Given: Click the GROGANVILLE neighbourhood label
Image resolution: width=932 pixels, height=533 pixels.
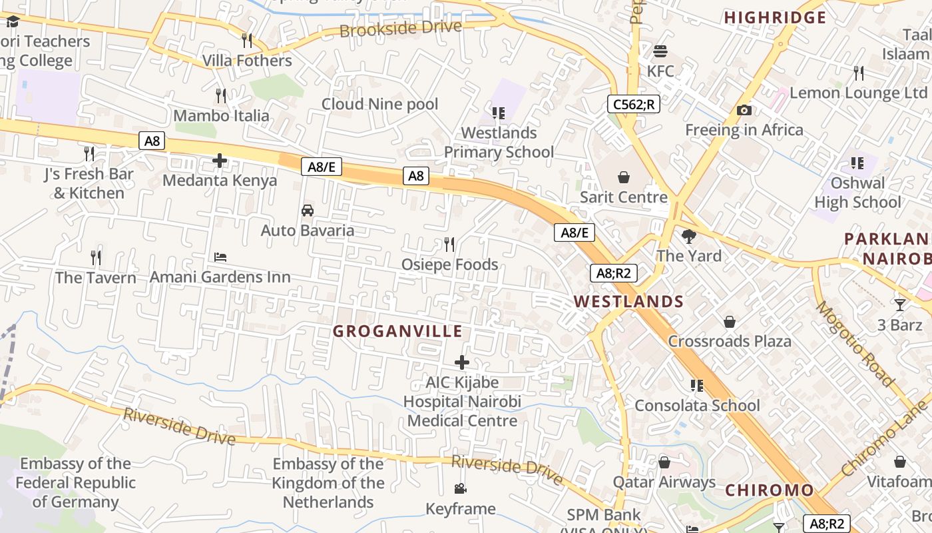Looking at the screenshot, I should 397,331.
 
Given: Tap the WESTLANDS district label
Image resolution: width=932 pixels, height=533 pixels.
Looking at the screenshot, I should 628,301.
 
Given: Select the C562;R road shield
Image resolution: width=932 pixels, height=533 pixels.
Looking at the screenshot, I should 633,104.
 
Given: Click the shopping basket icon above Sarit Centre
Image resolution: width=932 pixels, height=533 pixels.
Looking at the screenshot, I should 624,177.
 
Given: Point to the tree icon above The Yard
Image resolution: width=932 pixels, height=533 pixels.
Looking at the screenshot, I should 689,236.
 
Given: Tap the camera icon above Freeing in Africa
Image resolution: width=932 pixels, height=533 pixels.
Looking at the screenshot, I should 744,110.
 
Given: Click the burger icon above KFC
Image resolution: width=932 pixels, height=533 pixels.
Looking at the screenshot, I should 660,51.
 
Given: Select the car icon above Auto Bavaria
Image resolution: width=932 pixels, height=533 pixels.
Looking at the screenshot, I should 308,211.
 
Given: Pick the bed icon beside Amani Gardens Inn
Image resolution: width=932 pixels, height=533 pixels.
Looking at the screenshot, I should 220,257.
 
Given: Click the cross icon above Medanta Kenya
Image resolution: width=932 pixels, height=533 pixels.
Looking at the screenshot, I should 220,161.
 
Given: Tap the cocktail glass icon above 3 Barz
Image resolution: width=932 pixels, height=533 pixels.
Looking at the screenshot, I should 900,305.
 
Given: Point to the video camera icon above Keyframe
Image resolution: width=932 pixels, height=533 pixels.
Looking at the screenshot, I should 461,489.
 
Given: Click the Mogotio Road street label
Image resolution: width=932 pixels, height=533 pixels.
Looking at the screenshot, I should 854,344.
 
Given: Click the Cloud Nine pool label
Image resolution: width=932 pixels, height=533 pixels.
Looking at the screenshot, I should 379,104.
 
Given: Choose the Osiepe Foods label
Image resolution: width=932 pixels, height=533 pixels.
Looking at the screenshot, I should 449,265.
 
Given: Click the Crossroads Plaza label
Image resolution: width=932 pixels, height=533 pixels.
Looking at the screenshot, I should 730,341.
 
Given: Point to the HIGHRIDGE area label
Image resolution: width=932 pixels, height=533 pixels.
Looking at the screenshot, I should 775,17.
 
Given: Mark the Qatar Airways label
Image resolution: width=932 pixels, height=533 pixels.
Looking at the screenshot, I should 664,482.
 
